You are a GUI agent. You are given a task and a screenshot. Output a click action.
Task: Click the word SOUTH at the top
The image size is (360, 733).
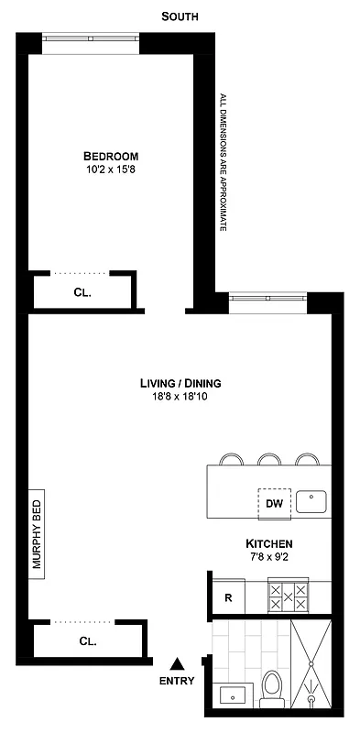click(180, 16)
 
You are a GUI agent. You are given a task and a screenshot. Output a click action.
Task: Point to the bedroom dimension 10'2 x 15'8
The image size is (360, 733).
click(115, 170)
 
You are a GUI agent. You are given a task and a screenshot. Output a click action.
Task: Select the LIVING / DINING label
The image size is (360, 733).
click(180, 383)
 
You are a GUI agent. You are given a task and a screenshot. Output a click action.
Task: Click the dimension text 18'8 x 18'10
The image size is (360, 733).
click(180, 398)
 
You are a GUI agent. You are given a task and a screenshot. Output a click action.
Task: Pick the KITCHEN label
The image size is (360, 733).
click(269, 543)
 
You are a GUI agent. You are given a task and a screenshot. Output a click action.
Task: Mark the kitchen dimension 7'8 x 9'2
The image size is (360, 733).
click(269, 557)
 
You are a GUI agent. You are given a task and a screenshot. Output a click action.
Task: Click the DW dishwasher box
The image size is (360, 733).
click(273, 503)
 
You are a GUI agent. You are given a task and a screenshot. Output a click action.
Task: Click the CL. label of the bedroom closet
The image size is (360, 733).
click(83, 293)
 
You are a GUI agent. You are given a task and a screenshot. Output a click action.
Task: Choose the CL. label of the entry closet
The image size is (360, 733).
click(88, 641)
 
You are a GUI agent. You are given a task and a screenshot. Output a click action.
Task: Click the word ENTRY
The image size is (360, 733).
click(177, 681)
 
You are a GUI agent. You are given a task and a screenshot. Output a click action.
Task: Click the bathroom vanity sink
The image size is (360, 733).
click(231, 694)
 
